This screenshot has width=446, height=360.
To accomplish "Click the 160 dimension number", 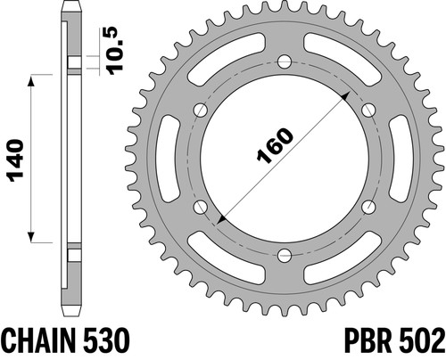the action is coord(275,145).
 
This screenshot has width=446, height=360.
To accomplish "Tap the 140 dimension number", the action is coord(16,160).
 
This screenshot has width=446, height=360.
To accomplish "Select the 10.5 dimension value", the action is coord(115,51).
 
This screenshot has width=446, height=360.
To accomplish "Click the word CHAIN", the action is coord(37,340).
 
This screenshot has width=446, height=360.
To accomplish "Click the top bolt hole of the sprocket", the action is coord(285,62).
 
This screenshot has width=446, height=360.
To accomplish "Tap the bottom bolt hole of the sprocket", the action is coord(285,255).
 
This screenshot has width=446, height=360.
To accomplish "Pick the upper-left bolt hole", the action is coord(201,110).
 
